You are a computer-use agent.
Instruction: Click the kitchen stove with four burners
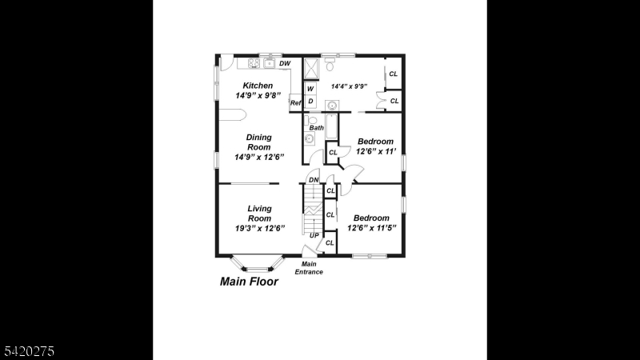pos(254,63)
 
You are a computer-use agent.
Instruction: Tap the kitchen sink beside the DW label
pos(270,63)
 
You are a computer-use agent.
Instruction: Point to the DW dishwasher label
pos(285,63)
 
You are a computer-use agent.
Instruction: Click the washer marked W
pos(310,88)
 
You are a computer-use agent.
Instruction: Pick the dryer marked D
pos(310,102)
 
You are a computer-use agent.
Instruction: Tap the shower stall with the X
pos(311,68)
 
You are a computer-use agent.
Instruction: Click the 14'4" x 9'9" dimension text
pos(349,86)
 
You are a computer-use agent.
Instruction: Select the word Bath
pos(316,128)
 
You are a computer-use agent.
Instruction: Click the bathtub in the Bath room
pos(332,126)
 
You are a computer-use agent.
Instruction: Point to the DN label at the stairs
pos(314,180)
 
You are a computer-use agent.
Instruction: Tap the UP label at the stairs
pos(314,235)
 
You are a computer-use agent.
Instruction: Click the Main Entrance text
pos(309,268)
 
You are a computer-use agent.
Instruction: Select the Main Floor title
pos(249,282)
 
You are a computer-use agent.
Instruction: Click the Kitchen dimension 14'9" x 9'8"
pos(258,95)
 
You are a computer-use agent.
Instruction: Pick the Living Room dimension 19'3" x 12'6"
pos(259,228)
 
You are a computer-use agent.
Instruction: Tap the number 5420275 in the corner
pos(30,351)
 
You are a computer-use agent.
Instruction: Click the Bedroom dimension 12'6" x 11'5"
pos(372,228)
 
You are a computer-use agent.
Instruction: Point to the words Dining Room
pos(258,142)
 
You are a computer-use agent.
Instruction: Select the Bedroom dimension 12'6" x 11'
pos(376,151)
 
